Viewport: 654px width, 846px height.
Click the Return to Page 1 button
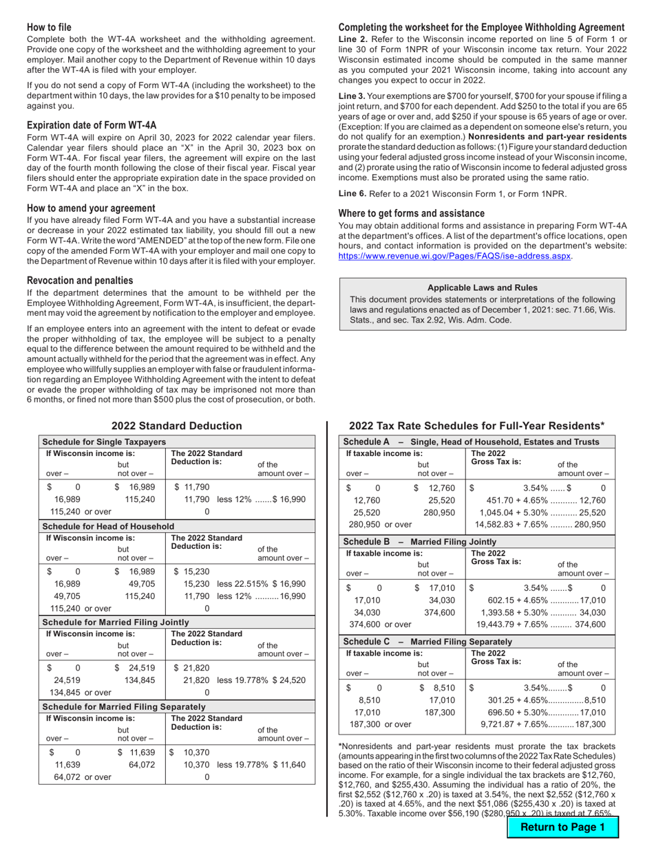tap(562, 827)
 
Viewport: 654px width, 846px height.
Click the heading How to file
tap(49, 28)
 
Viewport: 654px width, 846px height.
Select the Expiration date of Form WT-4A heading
tap(92, 125)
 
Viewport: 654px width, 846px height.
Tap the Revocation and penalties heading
tap(80, 281)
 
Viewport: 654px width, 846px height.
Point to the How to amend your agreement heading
tap(91, 208)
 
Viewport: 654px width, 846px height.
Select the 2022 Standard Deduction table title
tap(177, 426)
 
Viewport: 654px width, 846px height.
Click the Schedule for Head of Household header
tap(108, 526)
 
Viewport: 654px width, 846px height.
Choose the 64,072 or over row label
tap(77, 777)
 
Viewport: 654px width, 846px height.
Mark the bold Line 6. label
tap(352, 193)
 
